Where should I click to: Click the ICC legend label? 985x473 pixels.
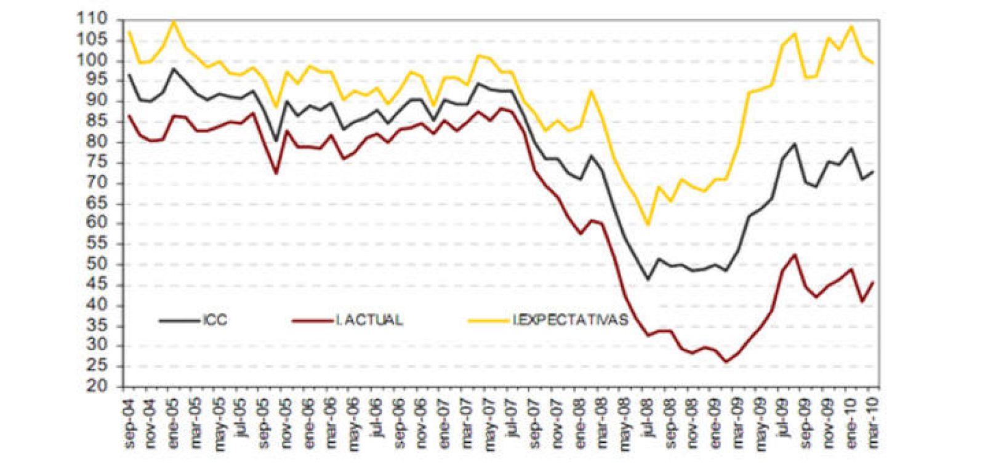click(214, 320)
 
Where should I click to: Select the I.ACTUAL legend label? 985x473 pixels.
click(369, 320)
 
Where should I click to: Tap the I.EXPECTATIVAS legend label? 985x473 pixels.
click(570, 320)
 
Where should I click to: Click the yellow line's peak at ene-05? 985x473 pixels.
click(174, 22)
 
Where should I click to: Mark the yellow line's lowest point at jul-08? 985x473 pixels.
click(648, 225)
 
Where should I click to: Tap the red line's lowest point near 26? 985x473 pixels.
click(726, 362)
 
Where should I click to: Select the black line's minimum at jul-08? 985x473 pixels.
click(648, 279)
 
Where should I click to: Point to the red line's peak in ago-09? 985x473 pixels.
click(795, 255)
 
